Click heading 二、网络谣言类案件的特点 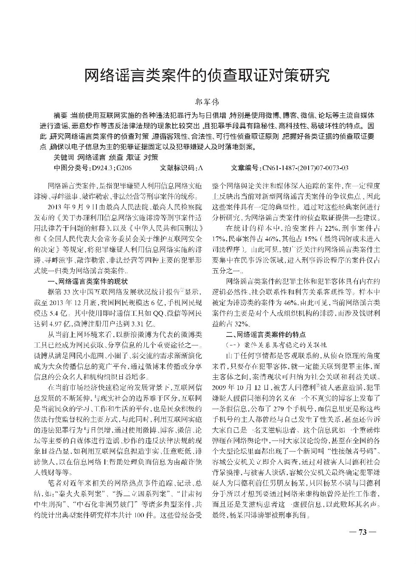266,334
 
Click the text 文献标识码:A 181,168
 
